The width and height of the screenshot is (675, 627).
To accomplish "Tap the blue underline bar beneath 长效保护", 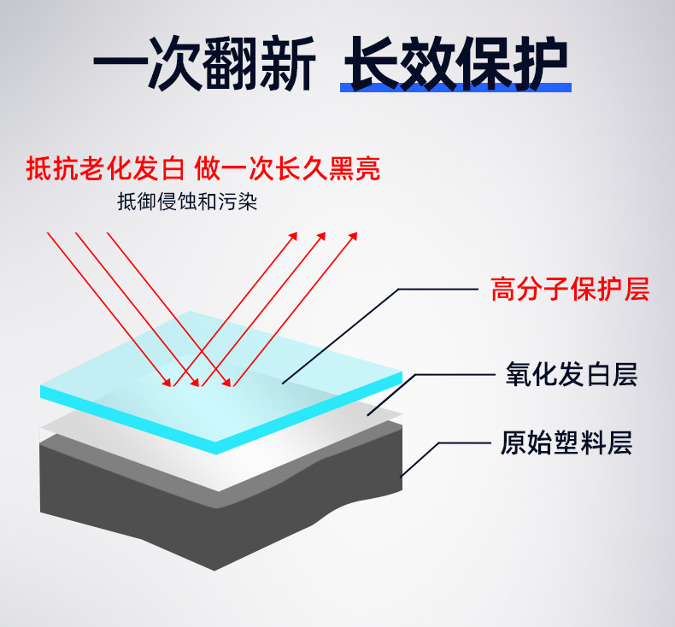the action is pos(454,87).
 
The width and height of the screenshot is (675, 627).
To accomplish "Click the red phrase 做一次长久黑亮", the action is pos(287,168).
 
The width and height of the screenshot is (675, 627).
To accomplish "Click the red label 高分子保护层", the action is pos(570,290).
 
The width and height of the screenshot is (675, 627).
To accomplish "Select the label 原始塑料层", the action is pos(566,444).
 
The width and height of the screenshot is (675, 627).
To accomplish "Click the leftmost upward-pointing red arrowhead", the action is pos(293,235).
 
